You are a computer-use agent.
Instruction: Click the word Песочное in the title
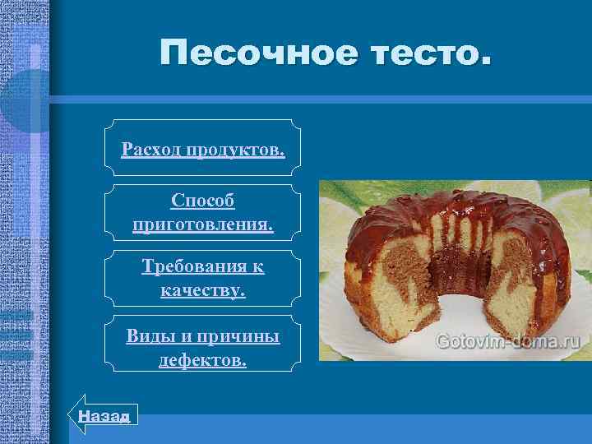pos(256,53)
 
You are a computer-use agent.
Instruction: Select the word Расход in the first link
pos(151,150)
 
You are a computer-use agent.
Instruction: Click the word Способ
pos(203,201)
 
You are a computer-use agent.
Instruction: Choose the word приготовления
pos(203,224)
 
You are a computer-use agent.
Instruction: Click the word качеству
pos(203,290)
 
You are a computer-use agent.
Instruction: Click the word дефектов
pos(203,359)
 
